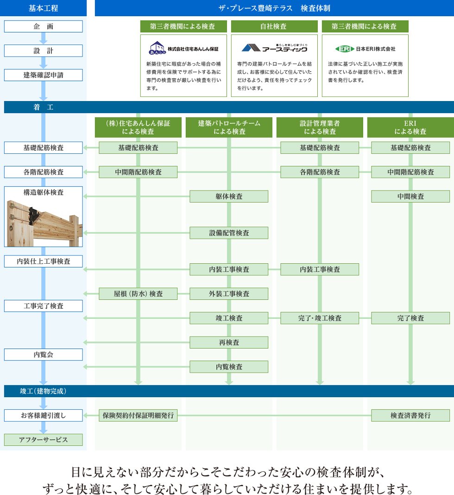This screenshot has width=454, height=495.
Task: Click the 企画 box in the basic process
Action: coord(43,26)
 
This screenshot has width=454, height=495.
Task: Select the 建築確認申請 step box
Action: coord(43,75)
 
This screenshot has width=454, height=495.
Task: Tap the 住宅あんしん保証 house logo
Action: coord(157,48)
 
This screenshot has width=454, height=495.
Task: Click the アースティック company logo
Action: coord(274,48)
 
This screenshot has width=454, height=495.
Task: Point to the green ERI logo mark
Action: coord(345,49)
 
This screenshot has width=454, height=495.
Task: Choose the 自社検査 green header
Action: coord(274,26)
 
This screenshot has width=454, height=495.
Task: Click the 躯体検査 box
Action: coord(229,197)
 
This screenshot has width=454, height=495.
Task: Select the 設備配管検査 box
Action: coord(229,233)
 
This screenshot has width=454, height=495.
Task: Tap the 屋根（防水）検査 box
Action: coord(138,293)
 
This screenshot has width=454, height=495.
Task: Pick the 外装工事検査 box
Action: coord(229,293)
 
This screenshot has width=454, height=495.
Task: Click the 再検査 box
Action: coord(229,343)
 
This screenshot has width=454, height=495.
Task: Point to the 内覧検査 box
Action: coord(229,367)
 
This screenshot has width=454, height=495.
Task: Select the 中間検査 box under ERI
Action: coord(410,197)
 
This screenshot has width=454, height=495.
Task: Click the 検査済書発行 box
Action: coord(410,415)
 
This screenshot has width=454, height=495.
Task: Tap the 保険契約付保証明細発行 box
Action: coord(138,415)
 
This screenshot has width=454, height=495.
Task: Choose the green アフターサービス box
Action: coord(43,440)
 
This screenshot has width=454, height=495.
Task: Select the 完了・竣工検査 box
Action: coord(320,318)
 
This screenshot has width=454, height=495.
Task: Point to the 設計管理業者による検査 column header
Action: coord(320,127)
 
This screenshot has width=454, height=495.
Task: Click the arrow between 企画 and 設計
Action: coord(43,38)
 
